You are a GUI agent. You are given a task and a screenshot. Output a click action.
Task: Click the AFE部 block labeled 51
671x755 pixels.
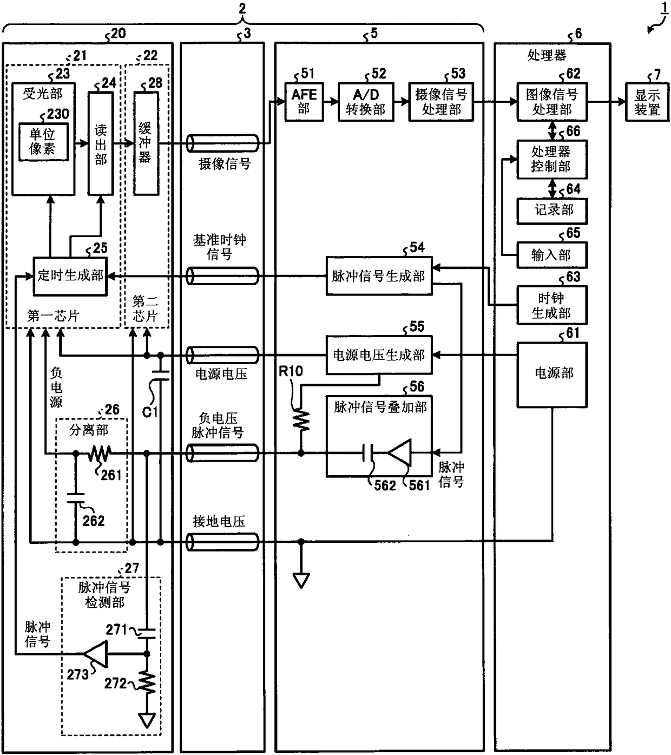(304, 101)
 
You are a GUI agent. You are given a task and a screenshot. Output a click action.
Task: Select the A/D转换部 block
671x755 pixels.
(366, 101)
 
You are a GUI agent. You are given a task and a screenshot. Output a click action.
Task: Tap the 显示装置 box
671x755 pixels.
(647, 101)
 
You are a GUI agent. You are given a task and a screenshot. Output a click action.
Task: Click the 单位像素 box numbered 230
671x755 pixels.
(44, 142)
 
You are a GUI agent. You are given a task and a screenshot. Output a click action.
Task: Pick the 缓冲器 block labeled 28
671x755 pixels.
(146, 143)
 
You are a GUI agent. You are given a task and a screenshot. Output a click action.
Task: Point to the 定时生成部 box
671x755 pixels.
(70, 276)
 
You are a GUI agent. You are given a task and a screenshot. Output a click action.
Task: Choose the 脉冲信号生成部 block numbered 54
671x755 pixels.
(379, 276)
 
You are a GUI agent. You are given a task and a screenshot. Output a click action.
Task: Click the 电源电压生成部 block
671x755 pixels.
(379, 354)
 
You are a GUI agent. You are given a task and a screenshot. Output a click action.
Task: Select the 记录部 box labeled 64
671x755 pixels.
(552, 211)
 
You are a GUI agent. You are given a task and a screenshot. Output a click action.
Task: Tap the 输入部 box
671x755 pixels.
(552, 255)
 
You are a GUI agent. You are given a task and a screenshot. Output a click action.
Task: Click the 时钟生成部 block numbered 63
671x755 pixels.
(552, 305)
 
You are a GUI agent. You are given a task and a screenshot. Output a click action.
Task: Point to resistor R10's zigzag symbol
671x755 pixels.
(301, 420)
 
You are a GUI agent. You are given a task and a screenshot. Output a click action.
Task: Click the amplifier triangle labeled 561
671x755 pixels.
(400, 453)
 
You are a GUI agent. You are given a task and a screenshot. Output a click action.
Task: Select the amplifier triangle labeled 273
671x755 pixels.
(96, 654)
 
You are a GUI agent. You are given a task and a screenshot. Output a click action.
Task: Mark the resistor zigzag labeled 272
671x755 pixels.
(147, 682)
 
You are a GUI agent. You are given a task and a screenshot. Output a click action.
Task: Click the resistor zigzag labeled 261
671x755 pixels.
(100, 453)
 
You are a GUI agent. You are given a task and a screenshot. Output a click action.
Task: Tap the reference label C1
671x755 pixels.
(150, 412)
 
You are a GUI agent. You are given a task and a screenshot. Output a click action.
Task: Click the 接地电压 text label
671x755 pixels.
(219, 521)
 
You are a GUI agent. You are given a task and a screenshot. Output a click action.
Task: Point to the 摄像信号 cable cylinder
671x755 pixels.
(222, 143)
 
